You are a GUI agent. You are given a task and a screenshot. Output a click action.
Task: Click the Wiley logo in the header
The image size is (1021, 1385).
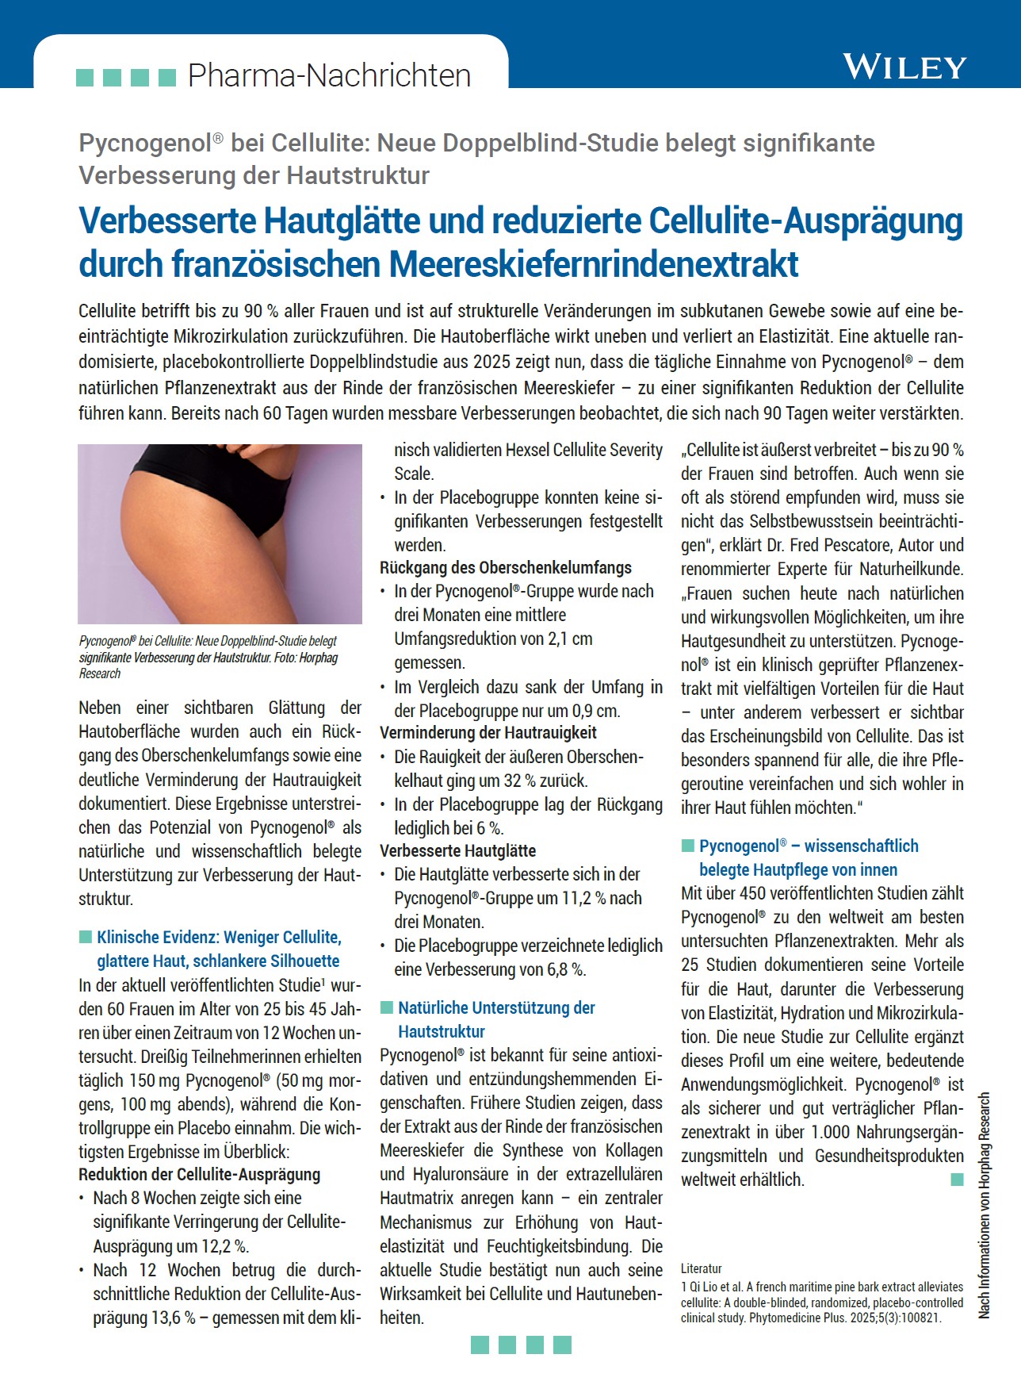(904, 67)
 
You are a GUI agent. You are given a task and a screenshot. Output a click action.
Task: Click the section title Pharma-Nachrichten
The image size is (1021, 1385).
(329, 76)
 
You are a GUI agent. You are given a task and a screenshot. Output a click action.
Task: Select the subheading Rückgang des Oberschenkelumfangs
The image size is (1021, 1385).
(506, 568)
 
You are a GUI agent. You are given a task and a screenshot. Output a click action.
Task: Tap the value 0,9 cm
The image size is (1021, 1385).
(596, 711)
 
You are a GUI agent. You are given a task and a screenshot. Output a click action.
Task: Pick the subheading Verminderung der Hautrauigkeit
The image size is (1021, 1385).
(488, 733)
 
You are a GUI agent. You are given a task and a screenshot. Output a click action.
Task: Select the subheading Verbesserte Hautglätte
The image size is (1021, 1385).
(457, 851)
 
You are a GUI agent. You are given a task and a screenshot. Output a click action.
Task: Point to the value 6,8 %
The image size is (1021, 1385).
(568, 969)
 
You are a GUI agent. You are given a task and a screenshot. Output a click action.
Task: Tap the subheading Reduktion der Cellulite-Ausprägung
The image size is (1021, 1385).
(199, 1175)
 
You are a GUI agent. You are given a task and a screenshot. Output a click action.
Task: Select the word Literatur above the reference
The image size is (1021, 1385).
(702, 1268)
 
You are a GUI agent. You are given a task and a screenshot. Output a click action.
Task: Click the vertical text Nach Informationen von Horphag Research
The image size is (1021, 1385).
(985, 1206)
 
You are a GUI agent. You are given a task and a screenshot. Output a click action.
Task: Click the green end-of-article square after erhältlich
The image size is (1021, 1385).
(957, 1180)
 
